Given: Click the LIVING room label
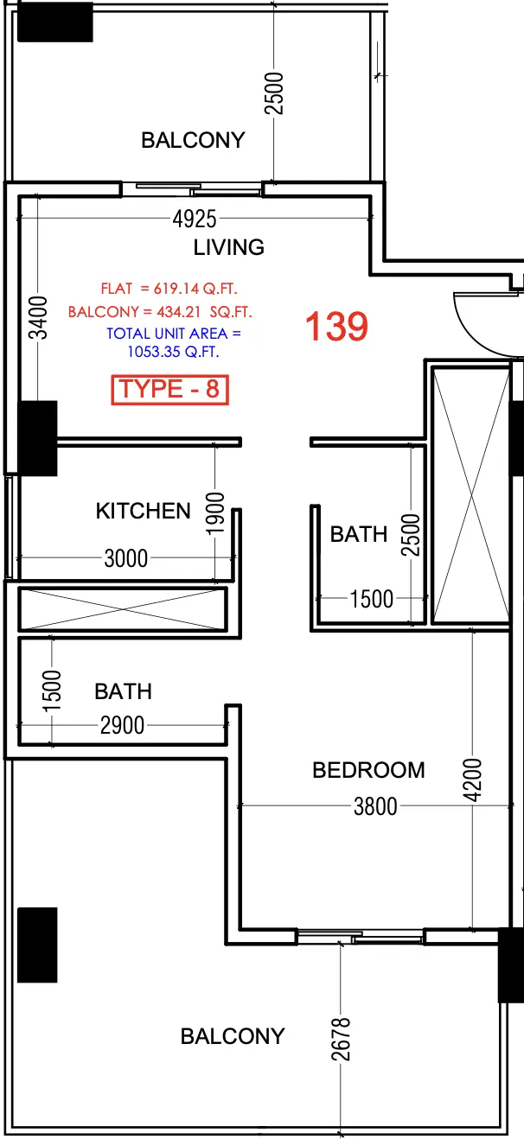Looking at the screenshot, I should tap(228, 248).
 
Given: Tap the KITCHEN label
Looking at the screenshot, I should tap(143, 511).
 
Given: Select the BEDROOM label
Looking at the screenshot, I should tap(368, 770).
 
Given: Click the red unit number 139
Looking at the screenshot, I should tap(336, 327).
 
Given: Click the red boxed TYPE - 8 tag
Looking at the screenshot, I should tap(169, 390).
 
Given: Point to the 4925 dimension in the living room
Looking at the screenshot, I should tap(194, 220).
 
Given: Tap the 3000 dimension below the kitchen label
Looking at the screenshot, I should tap(125, 558).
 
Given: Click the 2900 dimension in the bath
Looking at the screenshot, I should tap(122, 726).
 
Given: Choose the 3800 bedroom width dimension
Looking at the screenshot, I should tap(375, 806).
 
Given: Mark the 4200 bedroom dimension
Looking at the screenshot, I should tap(472, 781).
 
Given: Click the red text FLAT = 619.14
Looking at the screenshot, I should tap(169, 289).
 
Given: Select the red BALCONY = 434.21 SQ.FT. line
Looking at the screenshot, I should tap(160, 311).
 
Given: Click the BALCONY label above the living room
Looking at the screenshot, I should tap(193, 140).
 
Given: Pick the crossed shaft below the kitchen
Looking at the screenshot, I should tap(122, 608).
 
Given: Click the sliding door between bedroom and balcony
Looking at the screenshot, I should tap(360, 935).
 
